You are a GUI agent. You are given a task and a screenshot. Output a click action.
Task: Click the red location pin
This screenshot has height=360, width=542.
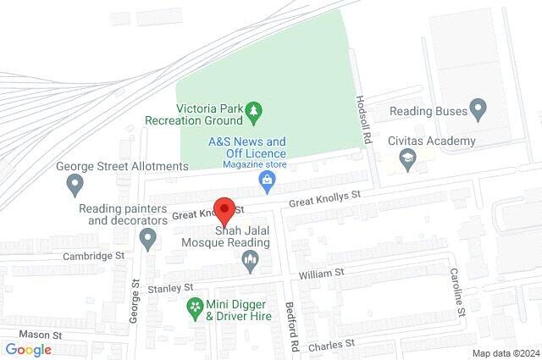pyautogui.click(x=224, y=208)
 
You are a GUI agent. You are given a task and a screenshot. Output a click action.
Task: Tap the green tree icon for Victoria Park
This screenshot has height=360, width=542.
pyautogui.click(x=252, y=110)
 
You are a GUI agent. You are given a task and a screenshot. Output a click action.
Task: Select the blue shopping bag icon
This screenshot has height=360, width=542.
pyautogui.click(x=267, y=180)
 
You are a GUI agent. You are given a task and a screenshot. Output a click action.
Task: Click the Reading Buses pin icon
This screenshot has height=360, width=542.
pyautogui.click(x=478, y=109)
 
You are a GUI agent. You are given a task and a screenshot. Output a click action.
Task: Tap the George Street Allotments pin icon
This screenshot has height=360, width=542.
pyautogui.click(x=75, y=182)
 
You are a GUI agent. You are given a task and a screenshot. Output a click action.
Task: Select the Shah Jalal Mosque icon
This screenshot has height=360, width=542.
pyautogui.click(x=250, y=263)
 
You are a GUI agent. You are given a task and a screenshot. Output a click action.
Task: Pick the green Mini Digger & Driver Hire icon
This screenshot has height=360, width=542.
pyautogui.click(x=196, y=306)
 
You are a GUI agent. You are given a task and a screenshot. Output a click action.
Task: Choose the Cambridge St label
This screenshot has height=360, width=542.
pyautogui.click(x=93, y=254)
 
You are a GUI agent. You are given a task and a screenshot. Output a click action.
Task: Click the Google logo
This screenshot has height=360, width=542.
pyautogui.click(x=28, y=349)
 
